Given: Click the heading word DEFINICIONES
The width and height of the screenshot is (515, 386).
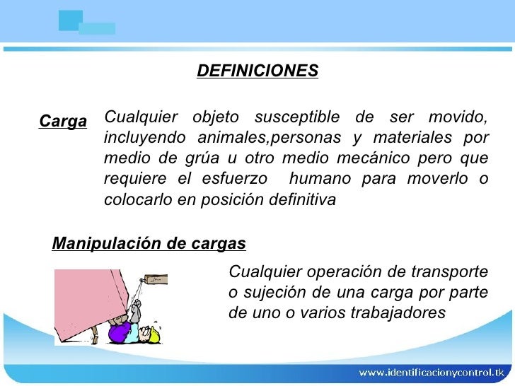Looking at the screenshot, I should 257,71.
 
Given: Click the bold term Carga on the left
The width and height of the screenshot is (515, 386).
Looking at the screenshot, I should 62,121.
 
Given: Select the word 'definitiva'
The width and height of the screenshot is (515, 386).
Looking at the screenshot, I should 302,200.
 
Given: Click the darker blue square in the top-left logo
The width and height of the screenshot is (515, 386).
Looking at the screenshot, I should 70,21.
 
